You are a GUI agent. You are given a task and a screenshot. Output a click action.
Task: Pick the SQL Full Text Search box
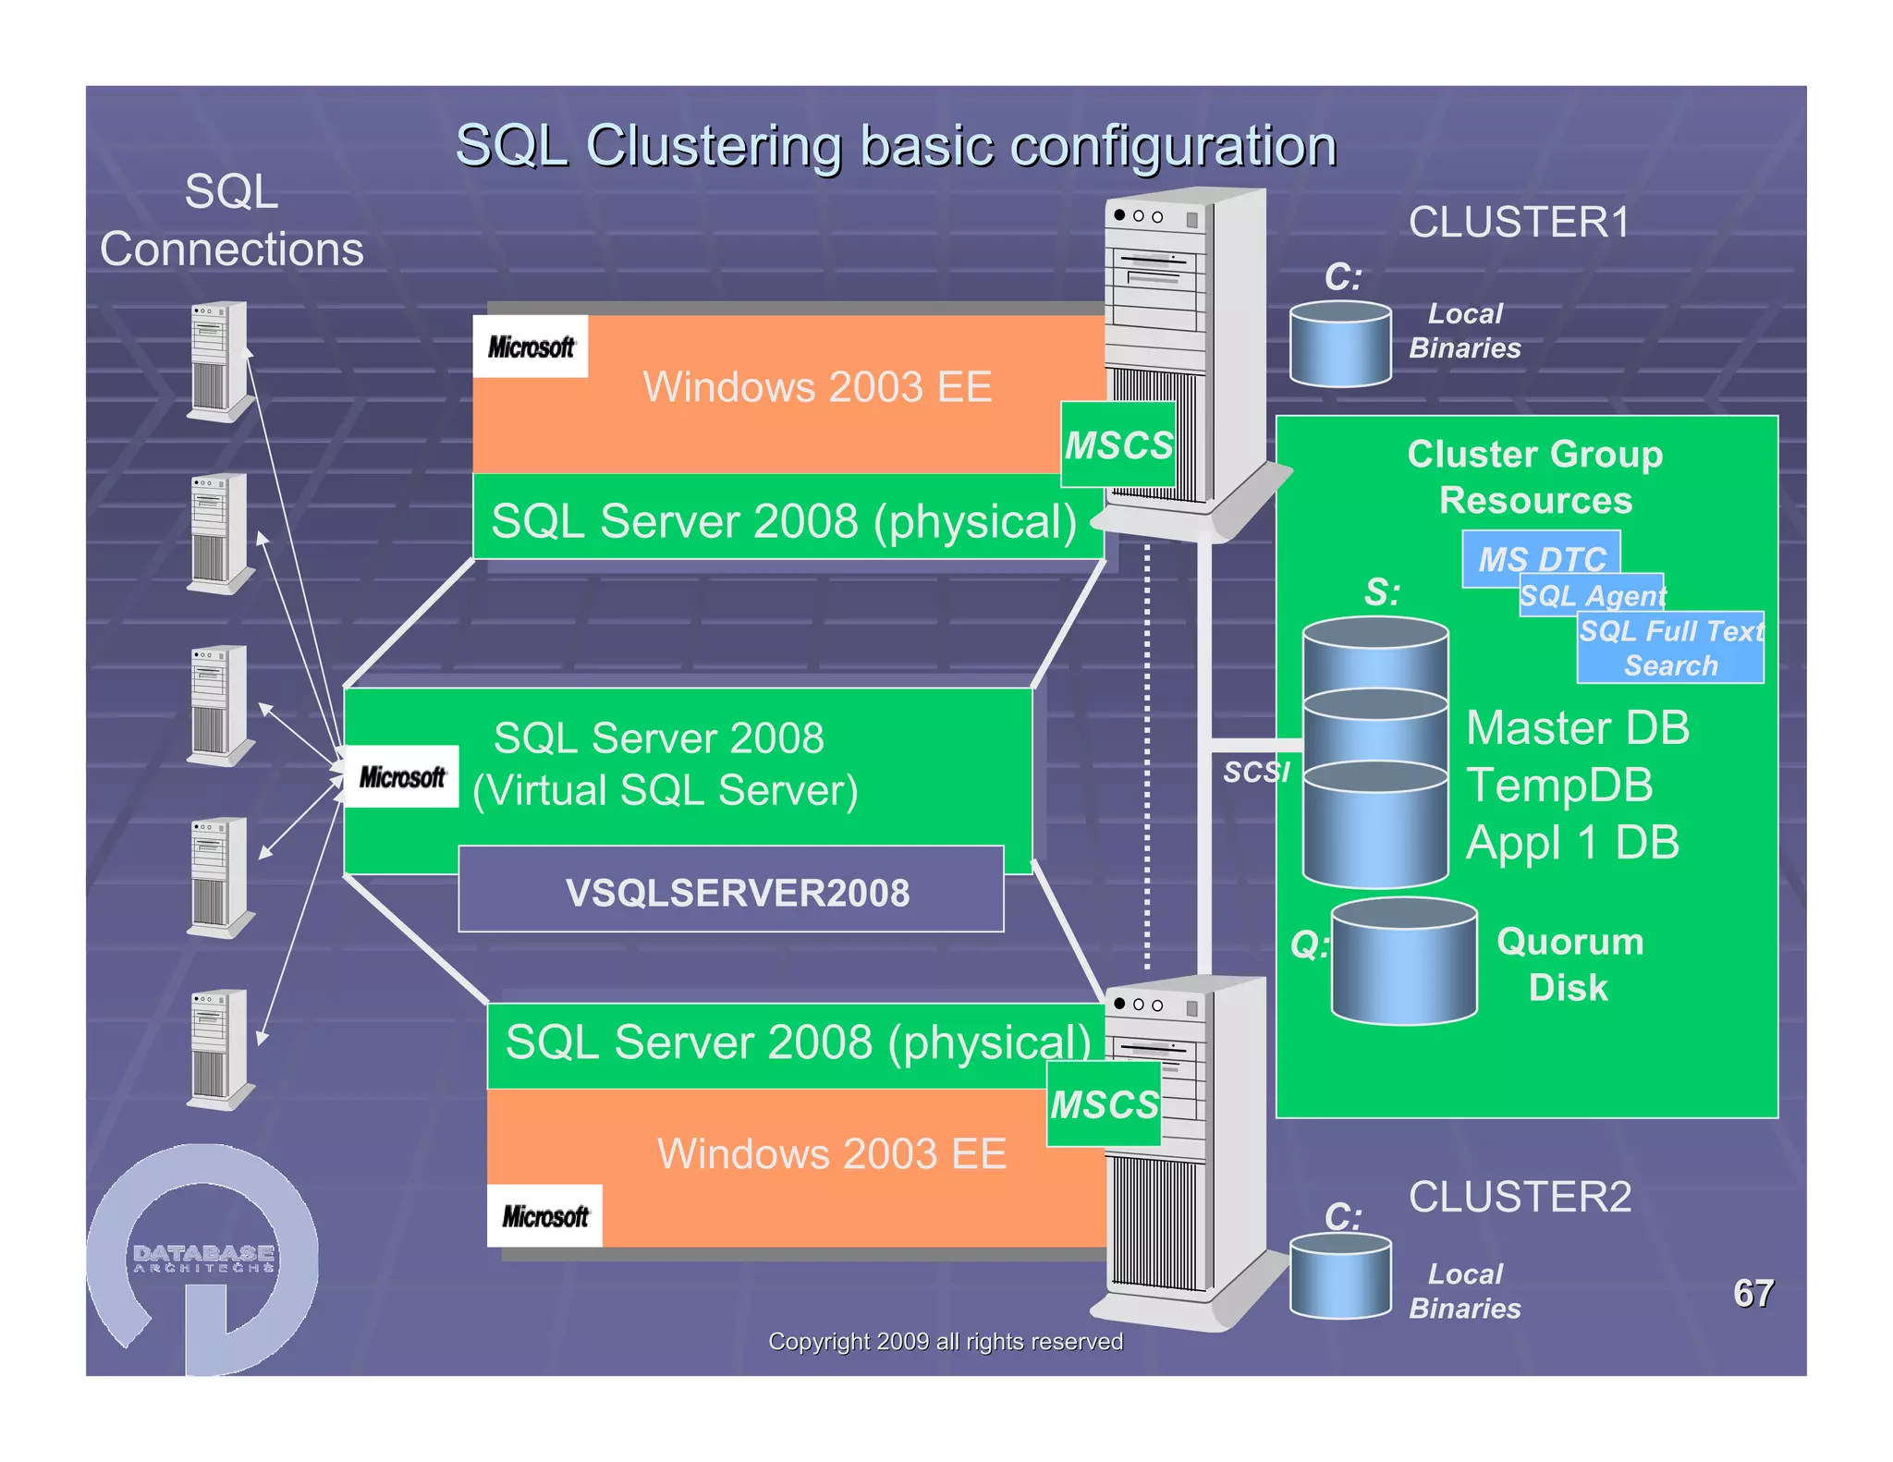(1670, 648)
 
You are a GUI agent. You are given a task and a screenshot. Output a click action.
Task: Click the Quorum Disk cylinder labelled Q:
(1403, 962)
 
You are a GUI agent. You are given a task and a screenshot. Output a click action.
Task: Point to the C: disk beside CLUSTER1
(1340, 344)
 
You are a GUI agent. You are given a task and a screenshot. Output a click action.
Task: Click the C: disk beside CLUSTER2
(1340, 1276)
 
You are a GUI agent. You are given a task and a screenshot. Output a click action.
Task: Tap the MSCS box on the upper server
(1117, 445)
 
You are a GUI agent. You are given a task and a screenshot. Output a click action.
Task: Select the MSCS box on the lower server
(1104, 1103)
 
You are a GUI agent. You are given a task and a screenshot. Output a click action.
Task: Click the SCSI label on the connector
(1255, 771)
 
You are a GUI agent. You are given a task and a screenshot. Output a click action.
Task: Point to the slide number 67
(1753, 1293)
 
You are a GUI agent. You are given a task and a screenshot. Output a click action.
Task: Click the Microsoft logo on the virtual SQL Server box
(402, 777)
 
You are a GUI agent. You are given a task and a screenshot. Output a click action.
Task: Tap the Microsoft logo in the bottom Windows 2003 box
(545, 1216)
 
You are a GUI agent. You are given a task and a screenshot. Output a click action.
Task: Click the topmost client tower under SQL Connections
(219, 359)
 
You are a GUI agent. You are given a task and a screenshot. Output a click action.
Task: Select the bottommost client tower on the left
(219, 1048)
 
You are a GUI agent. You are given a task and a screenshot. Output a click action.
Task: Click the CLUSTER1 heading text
(1519, 223)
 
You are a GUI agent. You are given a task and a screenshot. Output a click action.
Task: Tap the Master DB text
(1577, 727)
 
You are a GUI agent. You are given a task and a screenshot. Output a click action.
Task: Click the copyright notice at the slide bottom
(945, 1341)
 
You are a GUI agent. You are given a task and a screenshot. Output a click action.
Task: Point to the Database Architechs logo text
(203, 1257)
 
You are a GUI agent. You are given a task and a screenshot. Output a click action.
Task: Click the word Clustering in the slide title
(714, 146)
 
